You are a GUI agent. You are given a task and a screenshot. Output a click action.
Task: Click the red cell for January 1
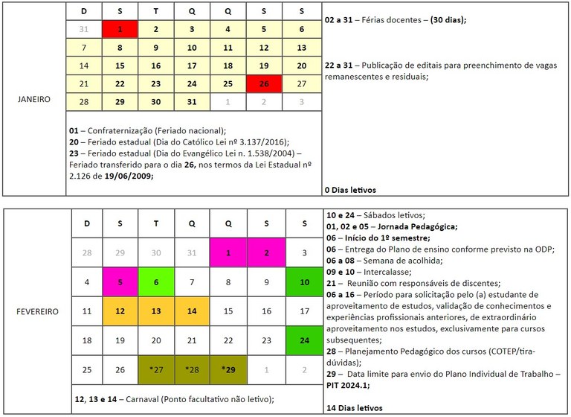120,29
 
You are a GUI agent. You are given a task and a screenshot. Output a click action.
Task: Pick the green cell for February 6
156,283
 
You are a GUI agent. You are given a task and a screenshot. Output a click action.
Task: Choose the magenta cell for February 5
120,283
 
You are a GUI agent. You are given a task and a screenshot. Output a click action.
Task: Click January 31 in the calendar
192,101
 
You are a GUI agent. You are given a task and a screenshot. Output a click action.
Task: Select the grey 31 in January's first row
84,29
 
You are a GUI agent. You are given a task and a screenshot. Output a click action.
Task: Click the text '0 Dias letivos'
351,190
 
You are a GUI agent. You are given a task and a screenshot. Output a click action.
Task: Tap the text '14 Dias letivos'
354,408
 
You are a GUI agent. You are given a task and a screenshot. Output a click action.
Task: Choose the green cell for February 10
302,283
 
